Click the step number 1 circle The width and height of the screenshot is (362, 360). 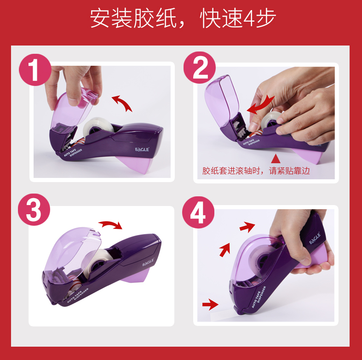pos(35,70)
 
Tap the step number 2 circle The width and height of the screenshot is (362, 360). pos(200,68)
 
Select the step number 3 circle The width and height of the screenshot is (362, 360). pos(34,210)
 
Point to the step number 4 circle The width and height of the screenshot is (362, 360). pos(198,212)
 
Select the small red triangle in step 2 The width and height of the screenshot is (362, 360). pos(276,159)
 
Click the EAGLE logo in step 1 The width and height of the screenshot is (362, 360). pos(142,149)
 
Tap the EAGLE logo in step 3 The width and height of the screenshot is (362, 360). pos(148,263)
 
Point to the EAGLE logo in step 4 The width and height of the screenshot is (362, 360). pos(315,238)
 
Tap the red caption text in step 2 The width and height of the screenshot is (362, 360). pos(256,171)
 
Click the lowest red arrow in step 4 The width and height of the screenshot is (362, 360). pos(210,305)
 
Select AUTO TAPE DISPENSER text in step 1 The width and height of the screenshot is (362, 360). pos(73,153)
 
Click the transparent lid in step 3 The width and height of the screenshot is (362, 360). pos(72,251)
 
